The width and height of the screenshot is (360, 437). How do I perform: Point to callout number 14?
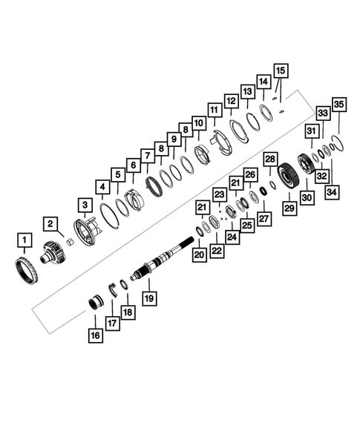click(x=263, y=81)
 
